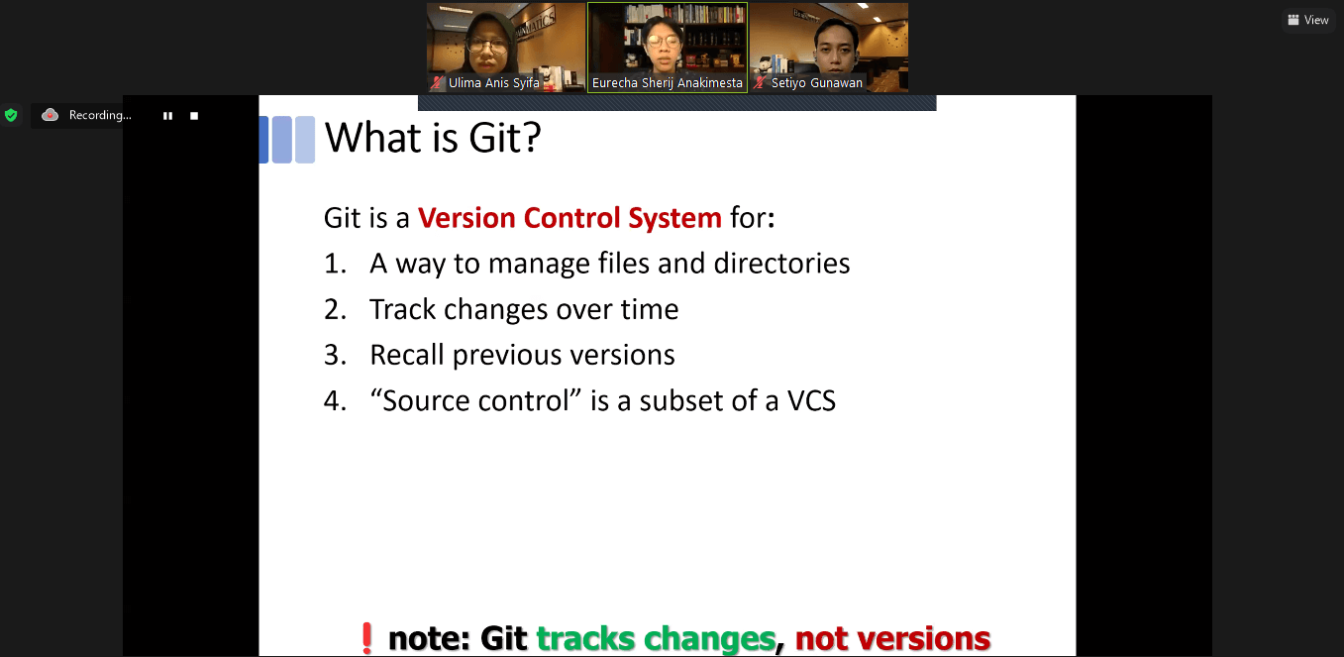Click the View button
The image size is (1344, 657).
[x=1308, y=20]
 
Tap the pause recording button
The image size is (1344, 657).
[x=168, y=115]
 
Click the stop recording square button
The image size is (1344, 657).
[x=194, y=115]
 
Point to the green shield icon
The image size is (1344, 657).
[x=11, y=115]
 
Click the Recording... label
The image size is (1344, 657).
[x=100, y=115]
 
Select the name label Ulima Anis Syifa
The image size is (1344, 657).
[x=494, y=83]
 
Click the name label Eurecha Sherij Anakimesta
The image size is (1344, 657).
[x=668, y=83]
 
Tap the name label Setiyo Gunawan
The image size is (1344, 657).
[x=816, y=83]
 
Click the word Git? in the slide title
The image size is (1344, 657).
[x=504, y=138]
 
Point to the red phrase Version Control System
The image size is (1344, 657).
[x=569, y=217]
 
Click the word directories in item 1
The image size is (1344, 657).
[x=781, y=263]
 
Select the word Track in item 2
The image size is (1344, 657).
[x=402, y=309]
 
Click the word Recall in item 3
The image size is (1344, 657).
[x=407, y=355]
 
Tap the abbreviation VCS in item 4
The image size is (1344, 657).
[x=811, y=400]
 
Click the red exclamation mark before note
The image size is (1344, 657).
[x=366, y=638]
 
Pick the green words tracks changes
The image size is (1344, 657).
[x=656, y=639]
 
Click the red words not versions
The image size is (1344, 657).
[x=892, y=638]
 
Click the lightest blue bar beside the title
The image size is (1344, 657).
[x=305, y=140]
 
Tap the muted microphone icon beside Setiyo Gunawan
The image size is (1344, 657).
[x=760, y=83]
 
